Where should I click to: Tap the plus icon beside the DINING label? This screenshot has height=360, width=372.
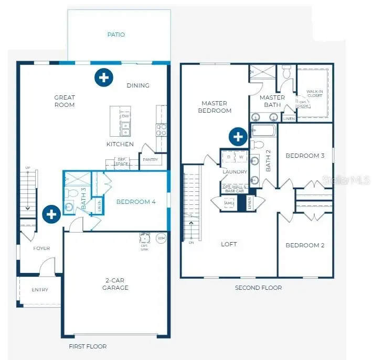(x=104, y=78)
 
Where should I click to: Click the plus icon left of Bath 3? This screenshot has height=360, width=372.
(x=51, y=214)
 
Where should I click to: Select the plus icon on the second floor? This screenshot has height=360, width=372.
(x=238, y=137)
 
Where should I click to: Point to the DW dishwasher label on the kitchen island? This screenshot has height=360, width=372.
(x=125, y=116)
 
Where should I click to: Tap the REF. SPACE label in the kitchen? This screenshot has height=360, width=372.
(x=122, y=162)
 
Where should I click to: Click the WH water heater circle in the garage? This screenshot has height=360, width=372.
(x=161, y=238)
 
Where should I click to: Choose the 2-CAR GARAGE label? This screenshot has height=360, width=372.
(x=115, y=285)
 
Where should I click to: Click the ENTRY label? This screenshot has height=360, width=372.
(x=40, y=290)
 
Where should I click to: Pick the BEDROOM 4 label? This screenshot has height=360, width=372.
(x=136, y=202)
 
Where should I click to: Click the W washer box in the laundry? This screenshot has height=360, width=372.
(x=241, y=157)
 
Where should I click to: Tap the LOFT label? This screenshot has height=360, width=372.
(x=229, y=244)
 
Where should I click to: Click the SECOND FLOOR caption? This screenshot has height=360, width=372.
(x=258, y=288)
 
